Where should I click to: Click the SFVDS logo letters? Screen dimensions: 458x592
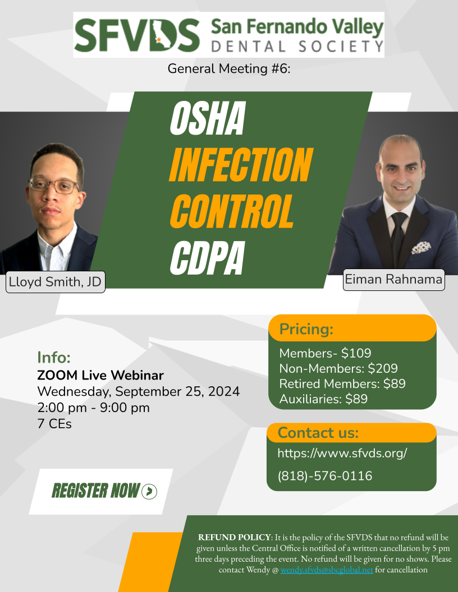(137, 35)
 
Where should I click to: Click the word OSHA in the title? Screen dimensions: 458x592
(208, 118)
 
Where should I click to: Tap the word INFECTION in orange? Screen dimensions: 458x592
(241, 165)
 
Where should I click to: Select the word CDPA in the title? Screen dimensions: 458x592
(208, 258)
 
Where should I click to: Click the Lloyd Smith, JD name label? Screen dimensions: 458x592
(55, 281)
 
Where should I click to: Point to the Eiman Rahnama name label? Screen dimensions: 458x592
(394, 279)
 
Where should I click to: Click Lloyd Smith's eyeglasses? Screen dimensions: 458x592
(54, 186)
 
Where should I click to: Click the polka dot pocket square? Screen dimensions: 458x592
(421, 247)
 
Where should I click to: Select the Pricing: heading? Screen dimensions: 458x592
(306, 329)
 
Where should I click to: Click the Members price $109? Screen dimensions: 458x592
(356, 353)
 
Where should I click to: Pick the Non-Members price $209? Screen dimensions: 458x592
(383, 368)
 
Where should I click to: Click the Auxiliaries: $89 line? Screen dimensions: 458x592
(323, 399)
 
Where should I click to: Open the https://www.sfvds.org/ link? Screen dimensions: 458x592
(342, 452)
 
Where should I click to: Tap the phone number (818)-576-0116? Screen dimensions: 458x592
(325, 476)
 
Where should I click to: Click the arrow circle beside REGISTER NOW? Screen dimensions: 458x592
(149, 491)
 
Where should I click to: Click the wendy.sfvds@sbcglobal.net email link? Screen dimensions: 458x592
(327, 570)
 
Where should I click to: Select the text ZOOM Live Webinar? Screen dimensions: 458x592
(100, 375)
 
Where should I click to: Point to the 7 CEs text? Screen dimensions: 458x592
(54, 424)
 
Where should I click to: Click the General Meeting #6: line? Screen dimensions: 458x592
(229, 69)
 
